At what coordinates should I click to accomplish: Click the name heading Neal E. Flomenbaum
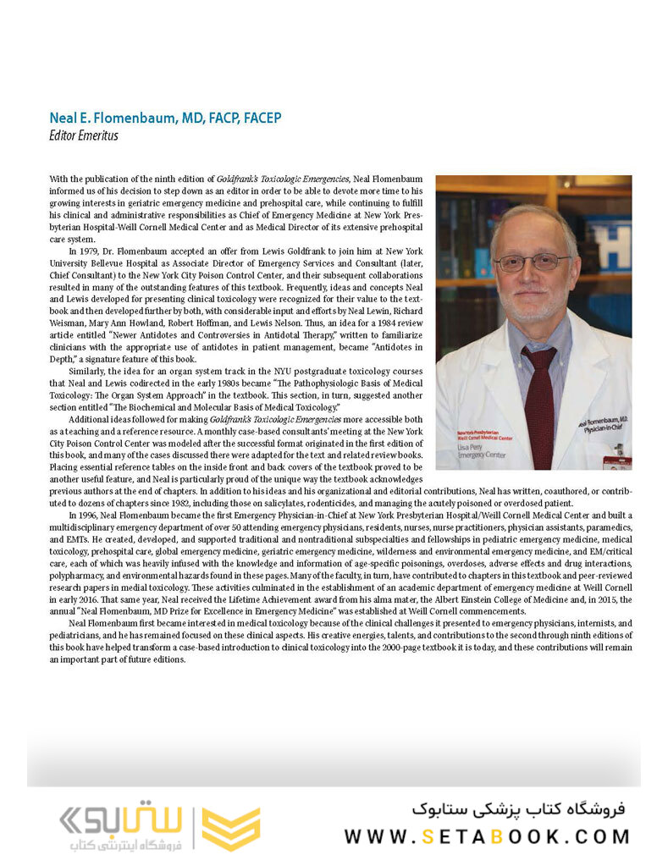pos(164,118)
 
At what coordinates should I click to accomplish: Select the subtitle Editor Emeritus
pos(84,135)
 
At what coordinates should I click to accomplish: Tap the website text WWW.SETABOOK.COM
pos(487,836)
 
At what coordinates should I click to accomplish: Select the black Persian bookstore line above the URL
pos(518,808)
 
